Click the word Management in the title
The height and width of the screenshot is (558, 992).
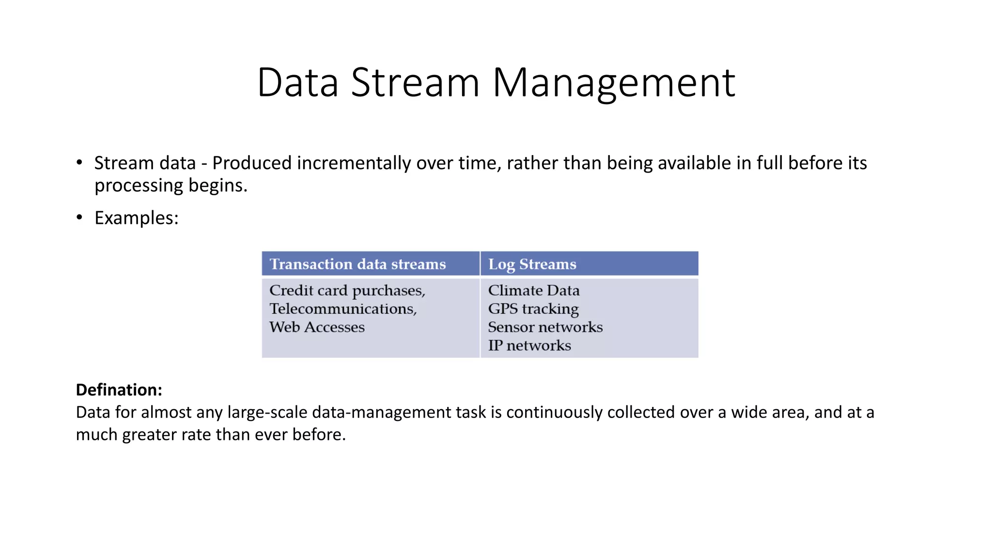point(614,83)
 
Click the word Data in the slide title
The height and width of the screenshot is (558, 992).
point(297,82)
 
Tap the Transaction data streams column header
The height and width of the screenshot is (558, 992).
point(357,264)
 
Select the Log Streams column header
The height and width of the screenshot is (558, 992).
point(532,264)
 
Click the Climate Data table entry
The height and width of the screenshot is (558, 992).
point(533,290)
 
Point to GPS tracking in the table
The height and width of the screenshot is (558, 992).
point(533,309)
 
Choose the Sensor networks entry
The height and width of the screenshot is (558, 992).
point(545,327)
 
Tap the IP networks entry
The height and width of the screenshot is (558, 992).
point(529,345)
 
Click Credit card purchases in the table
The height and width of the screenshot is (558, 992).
point(347,290)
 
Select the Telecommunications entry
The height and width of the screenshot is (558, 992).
point(342,309)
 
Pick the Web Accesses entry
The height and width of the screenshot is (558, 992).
point(317,327)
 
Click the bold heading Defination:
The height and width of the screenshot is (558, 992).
point(119,389)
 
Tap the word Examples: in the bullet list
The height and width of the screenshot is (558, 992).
point(136,218)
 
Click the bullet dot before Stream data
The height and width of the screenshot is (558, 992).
point(79,162)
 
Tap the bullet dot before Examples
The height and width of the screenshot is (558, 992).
point(79,217)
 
